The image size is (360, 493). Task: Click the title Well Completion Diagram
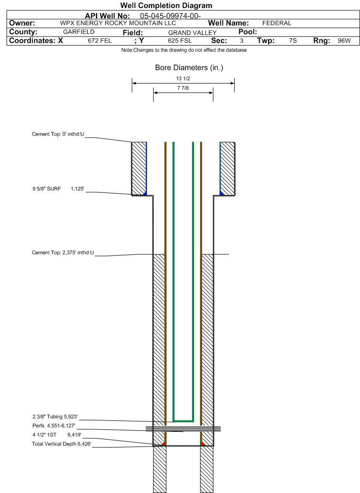[166, 5]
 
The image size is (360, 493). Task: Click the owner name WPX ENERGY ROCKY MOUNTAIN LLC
[118, 23]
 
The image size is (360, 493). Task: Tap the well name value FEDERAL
[277, 23]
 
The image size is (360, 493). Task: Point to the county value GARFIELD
[79, 32]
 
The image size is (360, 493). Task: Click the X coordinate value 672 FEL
[100, 41]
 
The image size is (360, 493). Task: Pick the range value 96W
[344, 41]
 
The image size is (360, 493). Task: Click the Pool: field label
[248, 31]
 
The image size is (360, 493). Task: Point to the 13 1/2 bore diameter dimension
[183, 78]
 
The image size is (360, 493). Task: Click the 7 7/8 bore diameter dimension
[183, 88]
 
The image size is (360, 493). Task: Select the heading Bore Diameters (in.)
[189, 68]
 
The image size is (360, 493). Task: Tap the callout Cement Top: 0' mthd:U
[58, 134]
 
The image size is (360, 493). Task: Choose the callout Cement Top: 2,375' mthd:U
[63, 252]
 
